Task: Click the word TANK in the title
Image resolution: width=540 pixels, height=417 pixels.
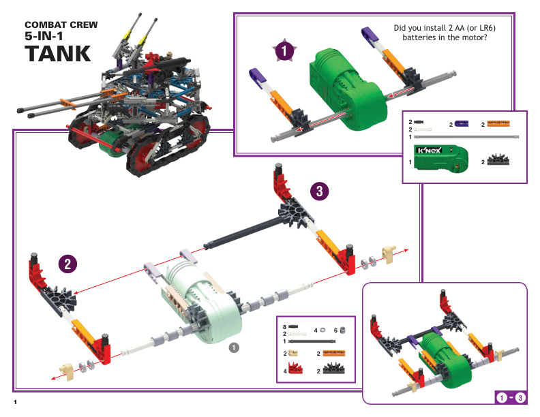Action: click(57, 53)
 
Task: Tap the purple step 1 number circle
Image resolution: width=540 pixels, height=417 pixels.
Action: click(284, 50)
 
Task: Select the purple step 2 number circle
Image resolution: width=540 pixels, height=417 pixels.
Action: click(65, 264)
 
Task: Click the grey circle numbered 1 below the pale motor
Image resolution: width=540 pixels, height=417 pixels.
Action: click(233, 347)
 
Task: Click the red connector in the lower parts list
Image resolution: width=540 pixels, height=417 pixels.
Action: click(295, 370)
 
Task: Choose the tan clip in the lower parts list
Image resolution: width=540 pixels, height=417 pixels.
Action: click(294, 354)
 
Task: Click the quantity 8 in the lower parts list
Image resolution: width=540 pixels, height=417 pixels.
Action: click(284, 328)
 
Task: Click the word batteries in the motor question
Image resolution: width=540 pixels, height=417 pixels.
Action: click(423, 37)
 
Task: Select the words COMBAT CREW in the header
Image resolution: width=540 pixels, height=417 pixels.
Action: click(61, 25)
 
